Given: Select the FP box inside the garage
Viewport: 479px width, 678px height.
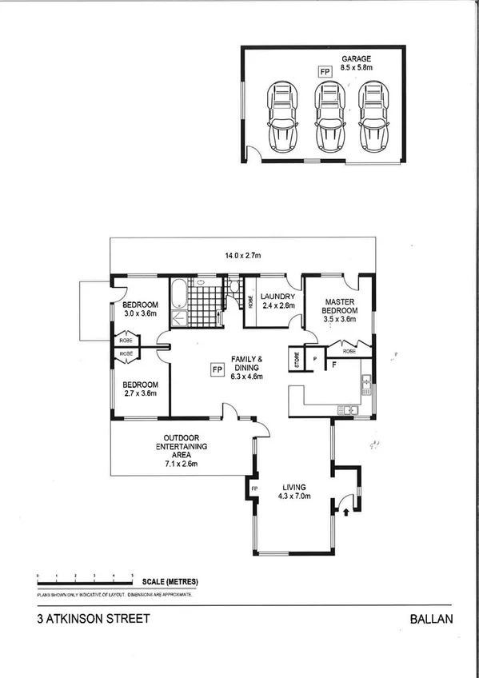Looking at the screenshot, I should [x=325, y=72].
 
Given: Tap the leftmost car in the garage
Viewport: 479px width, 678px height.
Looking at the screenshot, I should [x=281, y=117].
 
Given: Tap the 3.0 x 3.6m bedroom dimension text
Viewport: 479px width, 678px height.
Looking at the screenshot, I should [x=140, y=315].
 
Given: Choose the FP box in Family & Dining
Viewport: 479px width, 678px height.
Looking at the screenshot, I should [x=216, y=369].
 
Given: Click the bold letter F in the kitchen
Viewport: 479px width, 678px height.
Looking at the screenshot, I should [x=333, y=365].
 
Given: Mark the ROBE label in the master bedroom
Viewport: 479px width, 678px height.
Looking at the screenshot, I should [x=349, y=350].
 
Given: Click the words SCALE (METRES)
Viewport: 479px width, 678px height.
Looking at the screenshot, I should [x=170, y=581].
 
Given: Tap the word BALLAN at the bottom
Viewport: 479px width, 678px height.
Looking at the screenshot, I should [x=431, y=618].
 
